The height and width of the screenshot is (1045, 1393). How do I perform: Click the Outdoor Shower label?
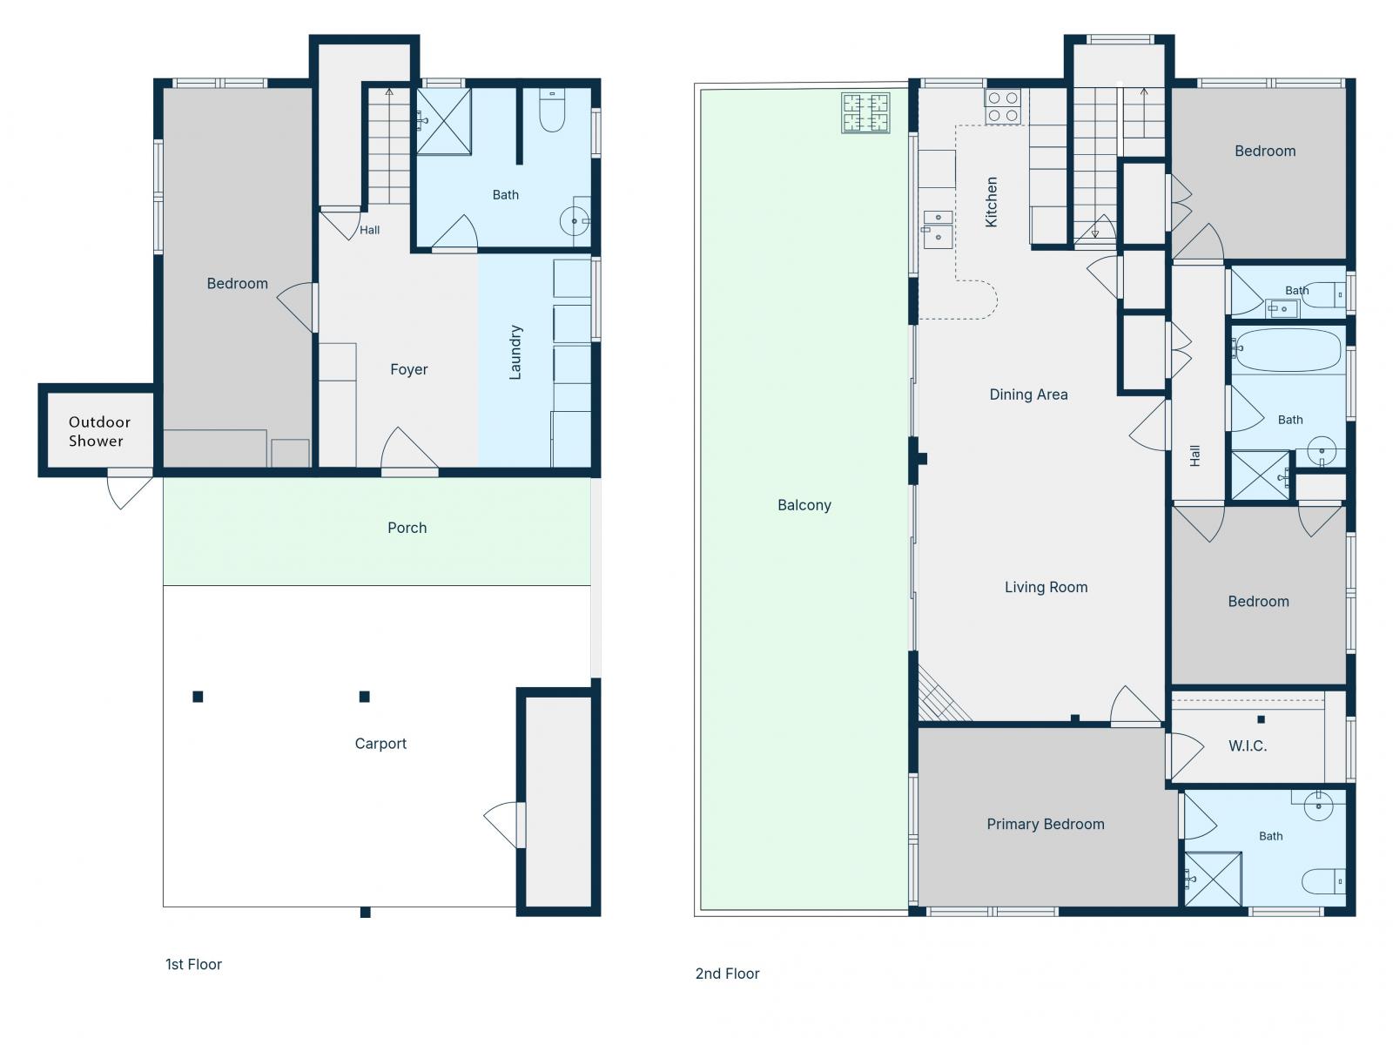click(99, 431)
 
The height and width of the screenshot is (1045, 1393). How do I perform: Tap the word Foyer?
click(408, 369)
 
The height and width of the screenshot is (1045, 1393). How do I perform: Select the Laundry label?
click(515, 353)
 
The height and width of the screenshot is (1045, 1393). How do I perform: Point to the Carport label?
click(380, 744)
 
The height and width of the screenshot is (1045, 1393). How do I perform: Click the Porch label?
click(407, 528)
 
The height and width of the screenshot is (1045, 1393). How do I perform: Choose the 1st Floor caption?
click(193, 964)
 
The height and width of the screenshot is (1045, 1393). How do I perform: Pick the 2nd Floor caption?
click(727, 974)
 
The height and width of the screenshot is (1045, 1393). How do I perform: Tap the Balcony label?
click(804, 505)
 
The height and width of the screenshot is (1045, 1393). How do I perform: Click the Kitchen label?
click(991, 202)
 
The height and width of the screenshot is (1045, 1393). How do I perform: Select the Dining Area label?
click(1028, 394)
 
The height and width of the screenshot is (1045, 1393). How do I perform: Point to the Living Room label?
click(1046, 588)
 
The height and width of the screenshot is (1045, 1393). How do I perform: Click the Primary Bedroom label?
click(1046, 824)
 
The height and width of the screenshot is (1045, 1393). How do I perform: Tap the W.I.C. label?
click(1248, 746)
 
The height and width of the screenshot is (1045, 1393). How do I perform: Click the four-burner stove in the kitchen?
click(1003, 106)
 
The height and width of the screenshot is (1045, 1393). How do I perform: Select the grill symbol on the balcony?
click(865, 113)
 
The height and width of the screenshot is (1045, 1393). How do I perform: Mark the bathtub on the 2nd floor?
click(1288, 349)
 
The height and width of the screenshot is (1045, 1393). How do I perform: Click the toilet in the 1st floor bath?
click(552, 111)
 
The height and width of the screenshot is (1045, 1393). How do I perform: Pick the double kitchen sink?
click(938, 230)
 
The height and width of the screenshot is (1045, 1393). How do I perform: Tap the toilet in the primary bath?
click(1323, 881)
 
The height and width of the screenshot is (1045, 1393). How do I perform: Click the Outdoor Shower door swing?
click(129, 489)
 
